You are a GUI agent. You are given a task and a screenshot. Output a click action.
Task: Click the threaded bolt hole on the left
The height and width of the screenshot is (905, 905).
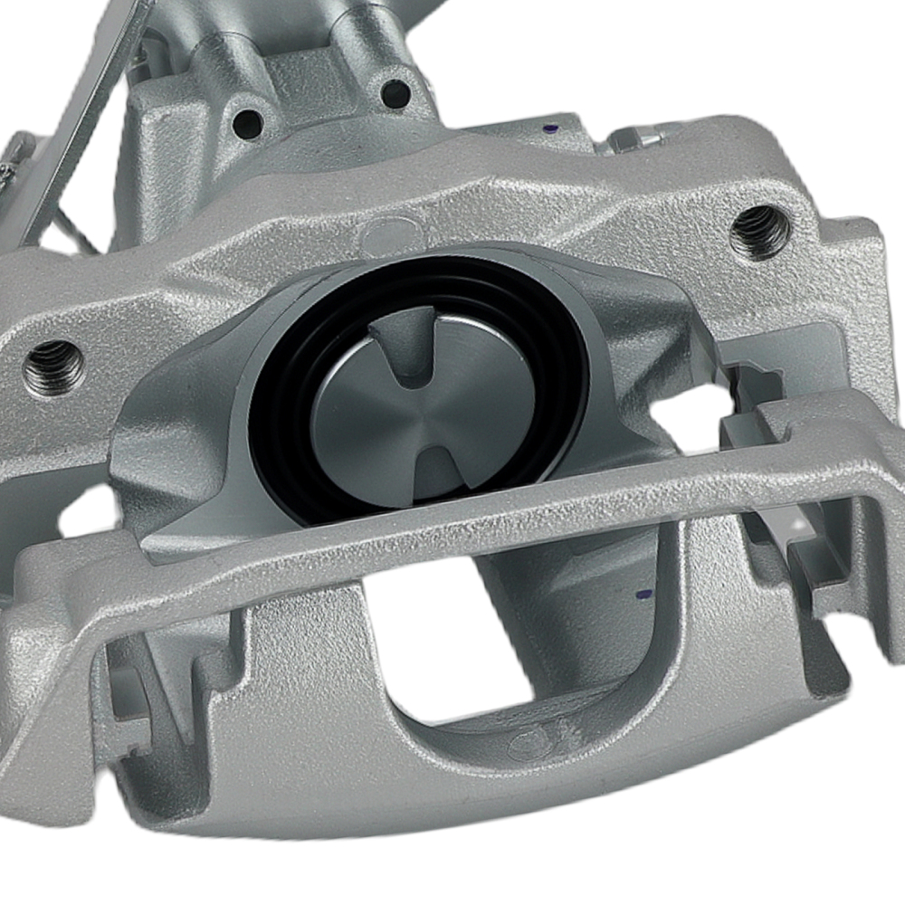[x=53, y=366]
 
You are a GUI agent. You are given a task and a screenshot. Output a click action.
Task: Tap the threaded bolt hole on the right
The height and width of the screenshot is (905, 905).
[x=759, y=231]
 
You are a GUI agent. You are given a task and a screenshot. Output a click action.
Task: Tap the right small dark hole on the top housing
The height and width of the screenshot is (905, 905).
[x=395, y=91]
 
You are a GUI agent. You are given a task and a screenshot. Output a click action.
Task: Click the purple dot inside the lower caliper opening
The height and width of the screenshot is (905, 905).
[x=643, y=595]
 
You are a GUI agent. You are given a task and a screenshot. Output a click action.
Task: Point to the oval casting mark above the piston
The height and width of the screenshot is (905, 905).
[x=385, y=236]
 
